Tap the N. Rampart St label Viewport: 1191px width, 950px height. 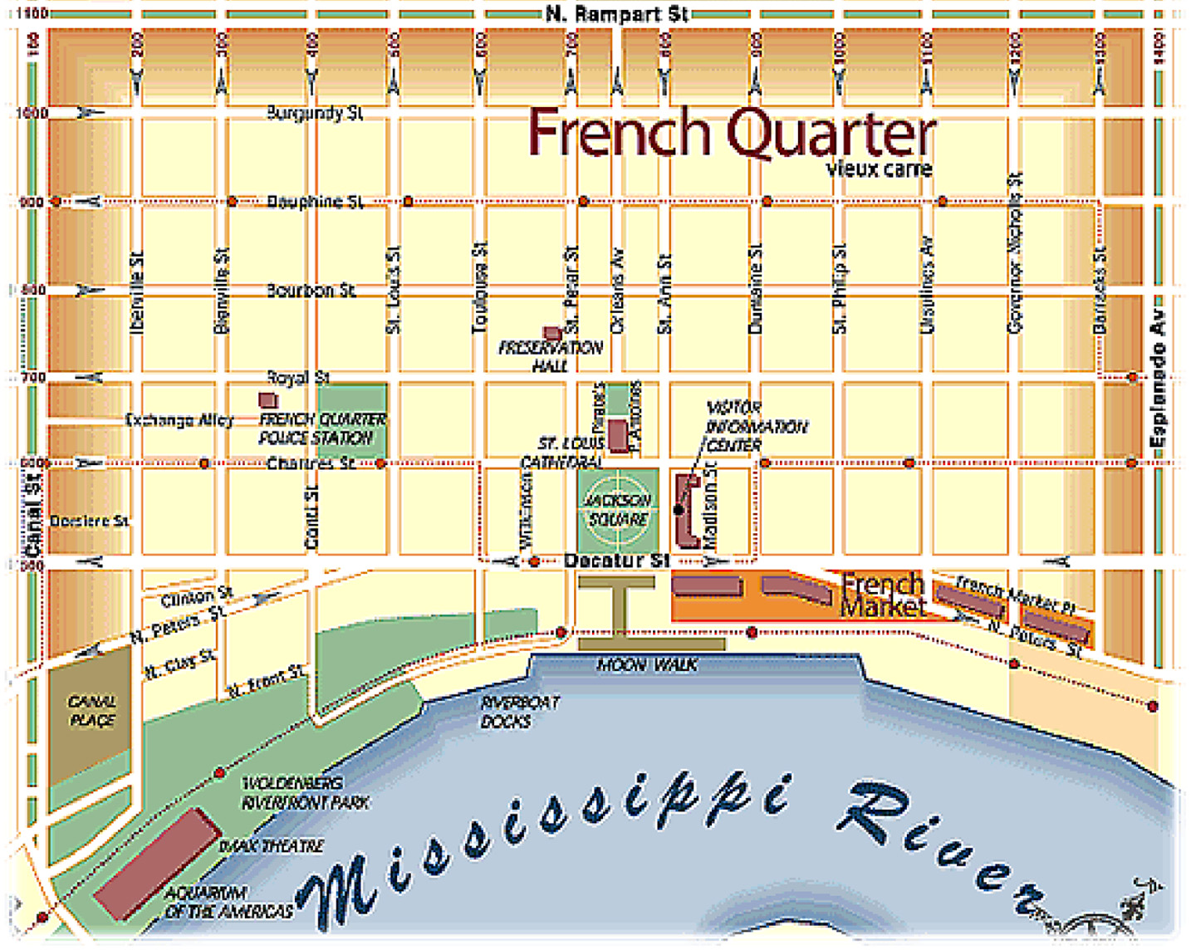click(616, 14)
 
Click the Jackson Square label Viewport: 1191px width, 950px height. click(618, 510)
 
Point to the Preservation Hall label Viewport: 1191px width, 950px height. click(550, 355)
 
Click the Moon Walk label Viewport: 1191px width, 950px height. click(647, 665)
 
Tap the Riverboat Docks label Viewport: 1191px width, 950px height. click(520, 712)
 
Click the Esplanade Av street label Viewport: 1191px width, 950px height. click(1158, 379)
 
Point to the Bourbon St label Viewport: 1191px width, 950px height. click(311, 291)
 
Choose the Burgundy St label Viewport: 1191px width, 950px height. click(315, 113)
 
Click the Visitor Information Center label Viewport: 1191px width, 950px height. click(755, 426)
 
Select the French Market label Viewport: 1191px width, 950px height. click(882, 595)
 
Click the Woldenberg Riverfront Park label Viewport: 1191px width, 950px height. click(305, 793)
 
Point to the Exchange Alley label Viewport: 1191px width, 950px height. click(179, 420)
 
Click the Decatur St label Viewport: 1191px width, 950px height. click(616, 561)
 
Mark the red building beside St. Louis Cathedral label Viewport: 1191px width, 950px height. click(617, 436)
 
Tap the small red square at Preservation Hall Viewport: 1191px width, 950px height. click(551, 334)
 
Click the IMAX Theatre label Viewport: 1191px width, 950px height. click(271, 846)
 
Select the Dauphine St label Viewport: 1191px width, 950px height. click(315, 202)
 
